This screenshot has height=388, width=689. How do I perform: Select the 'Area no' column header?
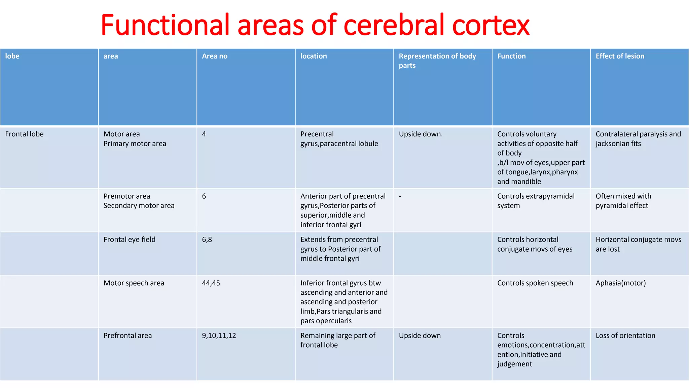pos(215,56)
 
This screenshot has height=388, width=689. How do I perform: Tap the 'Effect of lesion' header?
pos(620,56)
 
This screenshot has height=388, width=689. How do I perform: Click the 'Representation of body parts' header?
pos(437,61)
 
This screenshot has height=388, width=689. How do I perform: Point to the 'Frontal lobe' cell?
pos(25,134)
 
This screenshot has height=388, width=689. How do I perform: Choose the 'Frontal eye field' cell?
pos(130,239)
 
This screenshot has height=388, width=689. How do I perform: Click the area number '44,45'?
pos(211,283)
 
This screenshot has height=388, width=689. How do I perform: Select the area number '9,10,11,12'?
pos(219,335)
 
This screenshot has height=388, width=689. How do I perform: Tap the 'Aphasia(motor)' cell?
pos(621,283)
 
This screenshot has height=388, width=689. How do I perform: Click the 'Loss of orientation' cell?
pos(625,335)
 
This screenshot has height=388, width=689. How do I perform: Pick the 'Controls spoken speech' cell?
pos(535,283)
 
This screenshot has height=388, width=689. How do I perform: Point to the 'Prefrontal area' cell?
pos(128,335)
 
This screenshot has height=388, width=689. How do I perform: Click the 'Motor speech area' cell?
pos(134,283)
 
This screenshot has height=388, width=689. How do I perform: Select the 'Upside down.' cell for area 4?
pos(421,134)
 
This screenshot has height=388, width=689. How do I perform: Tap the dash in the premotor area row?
pos(400,196)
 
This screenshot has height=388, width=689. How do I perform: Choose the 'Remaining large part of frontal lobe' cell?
pos(338,340)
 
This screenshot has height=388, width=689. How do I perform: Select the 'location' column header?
pos(314,56)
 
